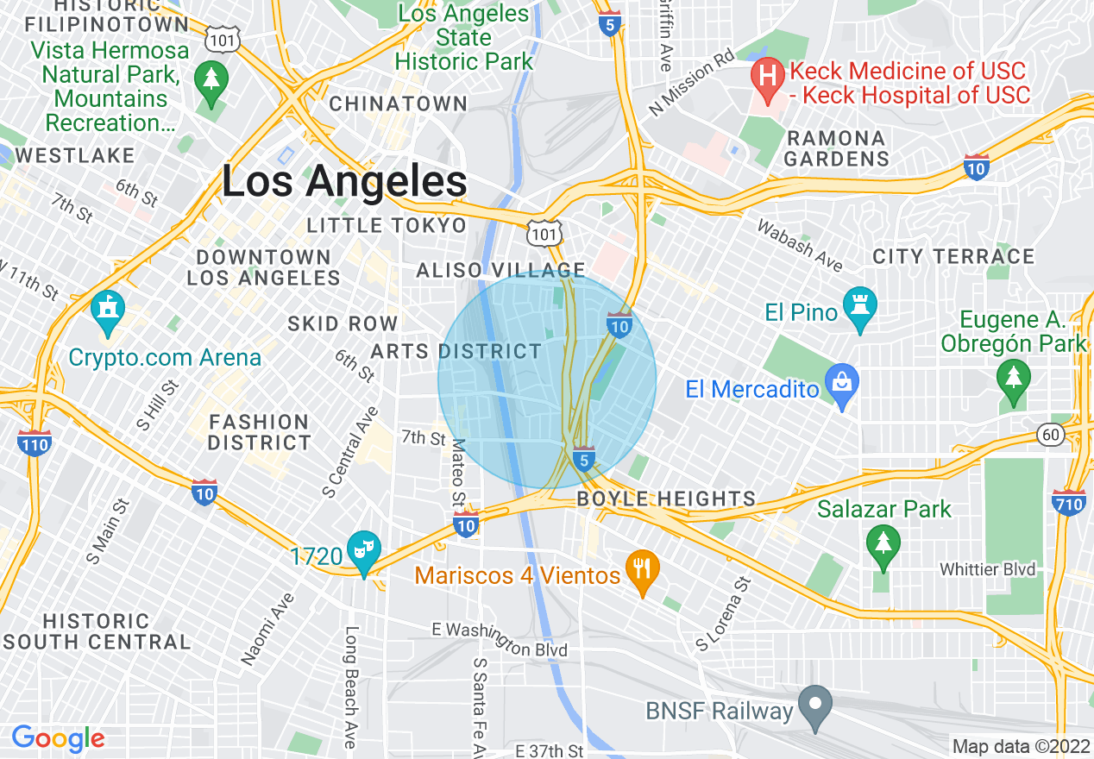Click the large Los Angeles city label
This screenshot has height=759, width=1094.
[x=344, y=182]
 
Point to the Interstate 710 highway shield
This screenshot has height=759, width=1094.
[x=1069, y=501]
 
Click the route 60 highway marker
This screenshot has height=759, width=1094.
[x=1051, y=435]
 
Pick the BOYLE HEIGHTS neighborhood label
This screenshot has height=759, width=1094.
[x=666, y=499]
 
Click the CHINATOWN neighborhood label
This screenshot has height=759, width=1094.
[x=399, y=103]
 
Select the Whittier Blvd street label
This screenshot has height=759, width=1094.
[x=987, y=570]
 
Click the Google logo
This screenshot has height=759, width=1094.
[x=58, y=738]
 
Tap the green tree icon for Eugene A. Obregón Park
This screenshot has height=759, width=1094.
[x=1013, y=379]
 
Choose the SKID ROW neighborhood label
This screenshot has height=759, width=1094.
[x=343, y=323]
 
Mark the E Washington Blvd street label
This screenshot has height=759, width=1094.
[x=500, y=640]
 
